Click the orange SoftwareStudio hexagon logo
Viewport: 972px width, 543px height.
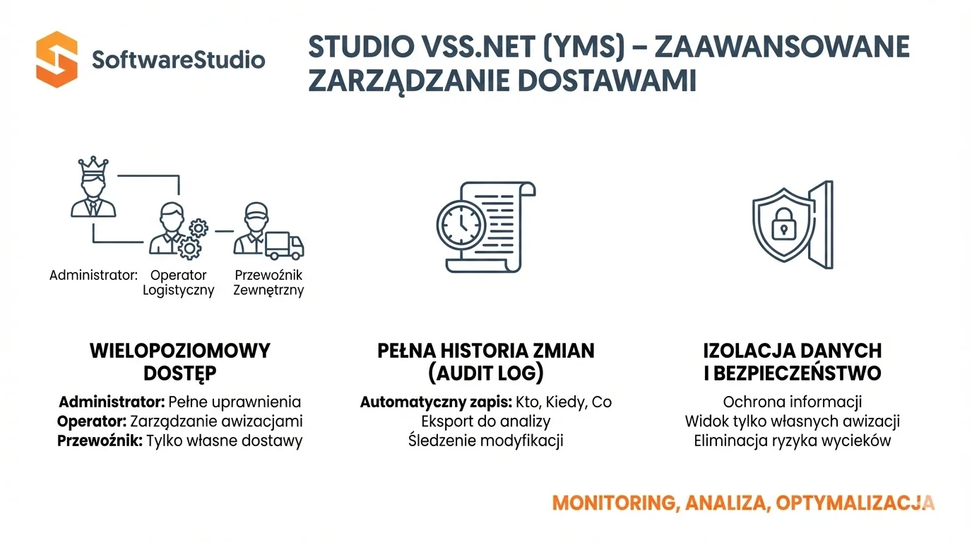tap(56, 59)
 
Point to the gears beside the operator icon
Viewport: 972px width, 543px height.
tap(193, 238)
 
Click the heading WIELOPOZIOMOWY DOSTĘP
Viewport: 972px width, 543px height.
tap(179, 361)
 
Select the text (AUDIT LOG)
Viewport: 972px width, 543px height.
tap(485, 373)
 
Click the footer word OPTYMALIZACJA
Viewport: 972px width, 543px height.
tap(855, 503)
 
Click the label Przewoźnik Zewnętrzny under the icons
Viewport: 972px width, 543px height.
tap(268, 282)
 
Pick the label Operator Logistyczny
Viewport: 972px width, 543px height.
tap(178, 282)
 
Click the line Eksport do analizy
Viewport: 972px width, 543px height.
tap(485, 421)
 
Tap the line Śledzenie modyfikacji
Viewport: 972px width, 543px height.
tap(485, 440)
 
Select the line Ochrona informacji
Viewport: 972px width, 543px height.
tap(792, 402)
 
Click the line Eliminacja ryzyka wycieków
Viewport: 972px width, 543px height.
tap(792, 440)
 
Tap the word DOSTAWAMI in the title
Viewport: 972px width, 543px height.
tap(607, 81)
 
